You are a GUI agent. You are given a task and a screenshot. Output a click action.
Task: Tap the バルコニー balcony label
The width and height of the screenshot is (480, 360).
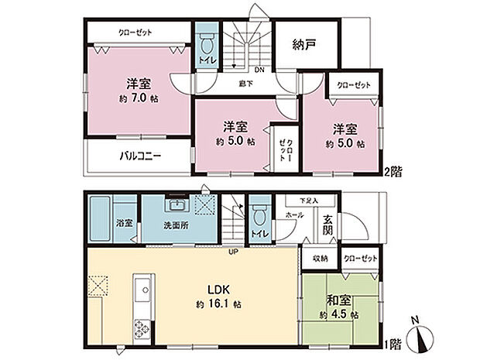pyautogui.click(x=140, y=156)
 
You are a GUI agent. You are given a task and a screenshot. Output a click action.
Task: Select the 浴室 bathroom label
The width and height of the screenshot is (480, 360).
pyautogui.click(x=125, y=225)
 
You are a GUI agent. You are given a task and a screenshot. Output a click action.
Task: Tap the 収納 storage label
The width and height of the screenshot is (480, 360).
pyautogui.click(x=320, y=259)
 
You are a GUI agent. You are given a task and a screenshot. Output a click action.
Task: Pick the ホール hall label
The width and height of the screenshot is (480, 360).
pyautogui.click(x=295, y=214)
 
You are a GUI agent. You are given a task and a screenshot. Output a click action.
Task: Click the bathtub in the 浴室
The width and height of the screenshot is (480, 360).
pyautogui.click(x=101, y=220)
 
